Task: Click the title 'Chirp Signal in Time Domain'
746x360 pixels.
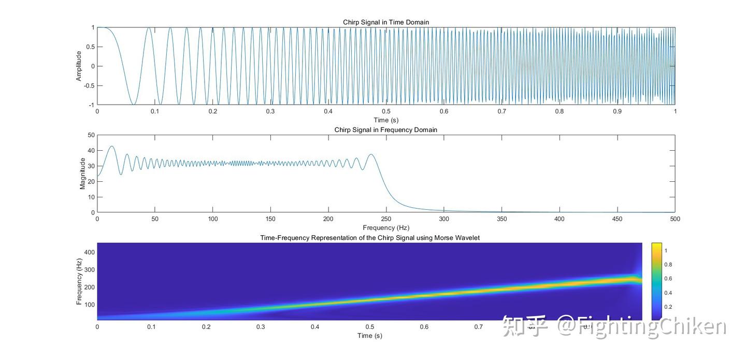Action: point(386,22)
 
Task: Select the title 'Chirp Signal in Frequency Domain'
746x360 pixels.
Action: point(386,130)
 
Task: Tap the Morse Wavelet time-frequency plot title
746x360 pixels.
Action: point(369,238)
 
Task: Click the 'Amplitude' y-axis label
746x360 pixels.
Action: point(79,66)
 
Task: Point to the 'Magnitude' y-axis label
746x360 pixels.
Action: point(82,174)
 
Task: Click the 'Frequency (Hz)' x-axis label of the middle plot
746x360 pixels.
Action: point(386,227)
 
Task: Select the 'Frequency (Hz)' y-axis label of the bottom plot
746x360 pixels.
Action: point(79,281)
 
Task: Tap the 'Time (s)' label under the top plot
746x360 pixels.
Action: point(386,120)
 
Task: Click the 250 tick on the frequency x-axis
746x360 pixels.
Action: point(386,219)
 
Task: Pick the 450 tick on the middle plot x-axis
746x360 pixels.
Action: point(617,219)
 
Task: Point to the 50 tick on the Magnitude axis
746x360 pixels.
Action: point(91,135)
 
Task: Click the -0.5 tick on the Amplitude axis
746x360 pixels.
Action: point(89,85)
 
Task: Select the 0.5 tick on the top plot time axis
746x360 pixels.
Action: point(386,111)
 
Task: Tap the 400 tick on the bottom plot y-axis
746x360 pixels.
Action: point(89,252)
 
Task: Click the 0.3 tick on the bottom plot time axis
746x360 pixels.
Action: point(261,327)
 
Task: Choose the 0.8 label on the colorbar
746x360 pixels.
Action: point(668,265)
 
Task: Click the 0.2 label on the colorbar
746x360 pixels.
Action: point(668,307)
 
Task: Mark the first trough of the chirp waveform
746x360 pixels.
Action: point(134,104)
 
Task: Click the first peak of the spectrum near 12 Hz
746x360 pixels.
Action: point(111,146)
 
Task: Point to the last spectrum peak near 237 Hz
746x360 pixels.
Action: point(371,154)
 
